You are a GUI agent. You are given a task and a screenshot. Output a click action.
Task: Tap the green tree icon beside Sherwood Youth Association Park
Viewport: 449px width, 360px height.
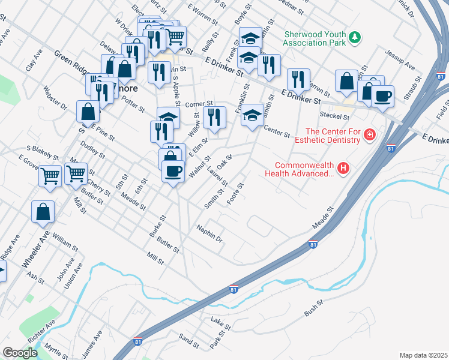(x=355, y=38)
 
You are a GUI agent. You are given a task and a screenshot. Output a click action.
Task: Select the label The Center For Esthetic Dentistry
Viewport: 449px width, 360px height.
(x=333, y=136)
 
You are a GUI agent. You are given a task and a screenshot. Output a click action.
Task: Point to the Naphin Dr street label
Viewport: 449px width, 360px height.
(x=209, y=234)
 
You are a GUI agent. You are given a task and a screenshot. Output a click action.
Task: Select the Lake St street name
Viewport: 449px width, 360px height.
(x=217, y=322)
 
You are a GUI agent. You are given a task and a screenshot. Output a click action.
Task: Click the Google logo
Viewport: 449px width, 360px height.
(x=20, y=352)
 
